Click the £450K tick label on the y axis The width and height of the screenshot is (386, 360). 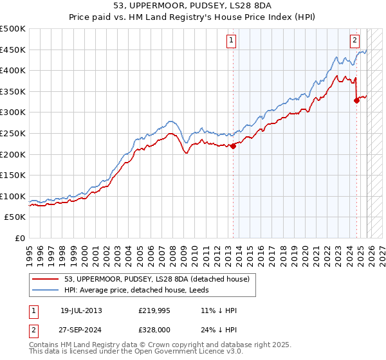tap(13, 50)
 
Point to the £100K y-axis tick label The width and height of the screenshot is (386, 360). tap(13, 196)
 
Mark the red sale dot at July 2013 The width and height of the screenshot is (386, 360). tap(234, 145)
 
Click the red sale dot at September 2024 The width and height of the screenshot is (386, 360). tap(356, 100)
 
